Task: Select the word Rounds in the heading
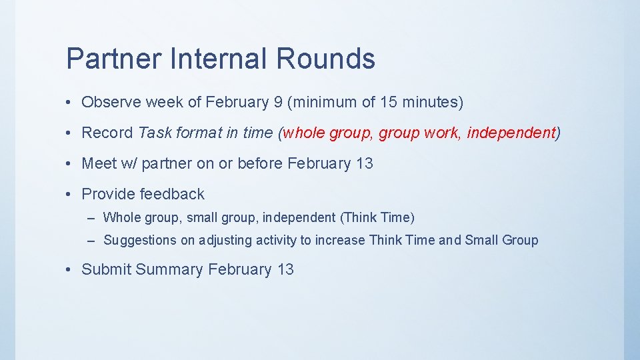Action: [x=325, y=59]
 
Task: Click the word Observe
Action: [x=111, y=103]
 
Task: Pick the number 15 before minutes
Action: [x=389, y=103]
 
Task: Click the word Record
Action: [x=107, y=133]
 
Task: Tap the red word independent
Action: [x=511, y=133]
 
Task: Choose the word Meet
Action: [x=99, y=164]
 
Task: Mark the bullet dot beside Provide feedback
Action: [x=69, y=195]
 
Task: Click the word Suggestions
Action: [x=140, y=241]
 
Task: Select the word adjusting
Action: [x=225, y=241]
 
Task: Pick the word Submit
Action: [x=106, y=270]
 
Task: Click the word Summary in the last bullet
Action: [x=169, y=270]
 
